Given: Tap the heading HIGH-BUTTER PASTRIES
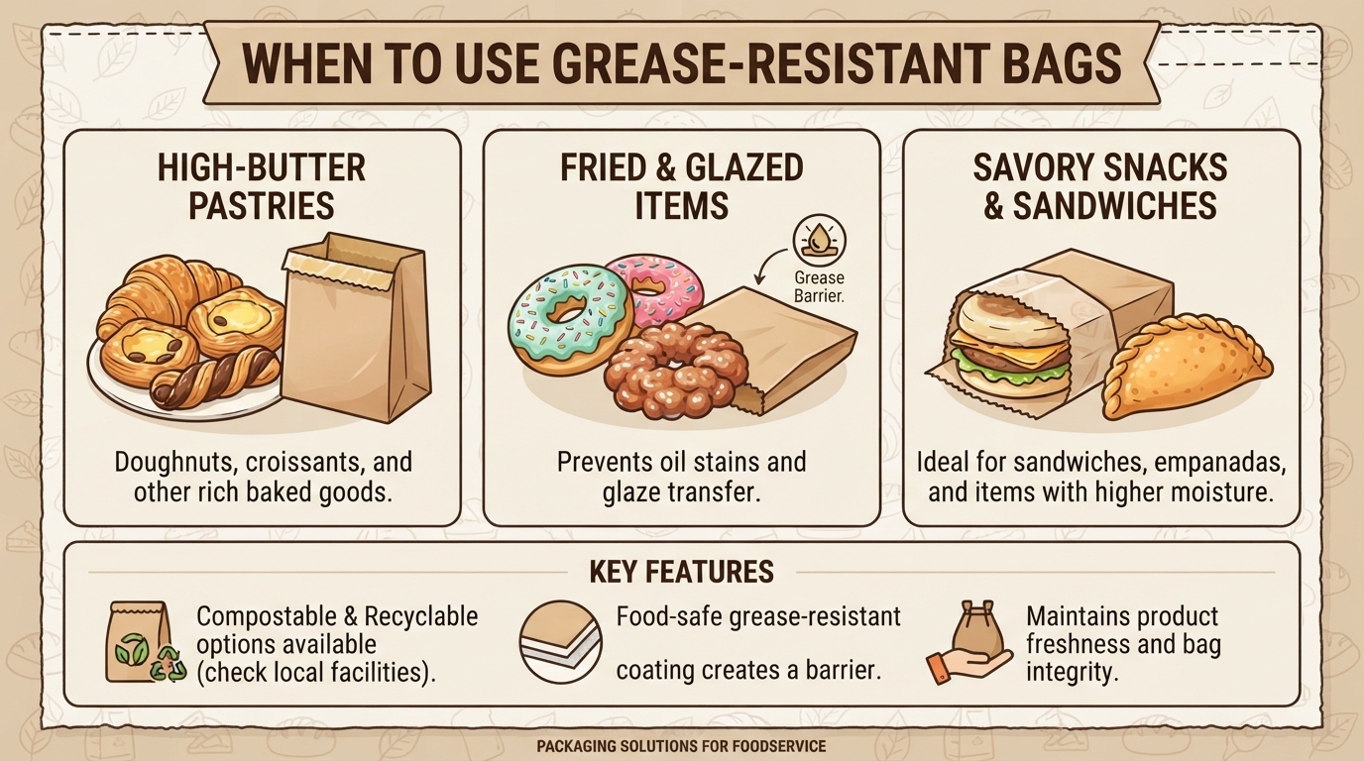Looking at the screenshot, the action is coord(262,186).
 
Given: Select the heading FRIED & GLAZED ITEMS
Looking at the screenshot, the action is coord(681,186).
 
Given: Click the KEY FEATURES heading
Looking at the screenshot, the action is coord(681,571).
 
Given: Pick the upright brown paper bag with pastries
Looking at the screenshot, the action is coord(358,329).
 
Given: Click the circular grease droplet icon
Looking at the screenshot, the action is coord(819,241).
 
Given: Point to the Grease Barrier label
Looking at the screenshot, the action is coord(819,286).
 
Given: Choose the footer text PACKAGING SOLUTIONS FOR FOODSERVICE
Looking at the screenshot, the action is coord(681,746).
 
